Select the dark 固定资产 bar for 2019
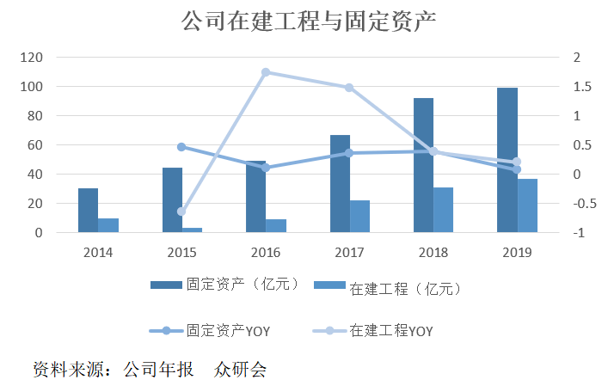(507, 160)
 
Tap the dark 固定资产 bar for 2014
(88, 210)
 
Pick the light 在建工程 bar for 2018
(443, 210)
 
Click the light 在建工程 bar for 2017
(359, 216)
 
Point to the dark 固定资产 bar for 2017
(340, 183)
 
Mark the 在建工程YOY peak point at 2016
(266, 72)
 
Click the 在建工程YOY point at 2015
(181, 211)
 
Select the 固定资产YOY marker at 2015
(181, 147)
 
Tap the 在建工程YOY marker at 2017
(349, 88)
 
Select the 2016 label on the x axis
(266, 253)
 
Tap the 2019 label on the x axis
(517, 253)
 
